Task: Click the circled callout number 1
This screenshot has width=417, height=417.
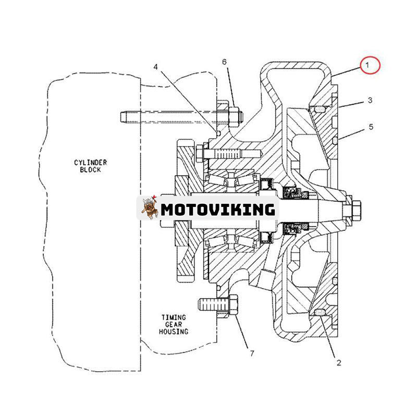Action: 367,66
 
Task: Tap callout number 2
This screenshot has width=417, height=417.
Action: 338,363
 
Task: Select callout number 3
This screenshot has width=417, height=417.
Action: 370,100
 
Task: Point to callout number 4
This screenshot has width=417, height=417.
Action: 155,67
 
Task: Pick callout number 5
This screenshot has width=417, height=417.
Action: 371,127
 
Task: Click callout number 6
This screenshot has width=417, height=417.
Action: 225,62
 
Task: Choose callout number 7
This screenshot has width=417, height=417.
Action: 252,354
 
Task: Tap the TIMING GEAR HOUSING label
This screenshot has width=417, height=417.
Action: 174,324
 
